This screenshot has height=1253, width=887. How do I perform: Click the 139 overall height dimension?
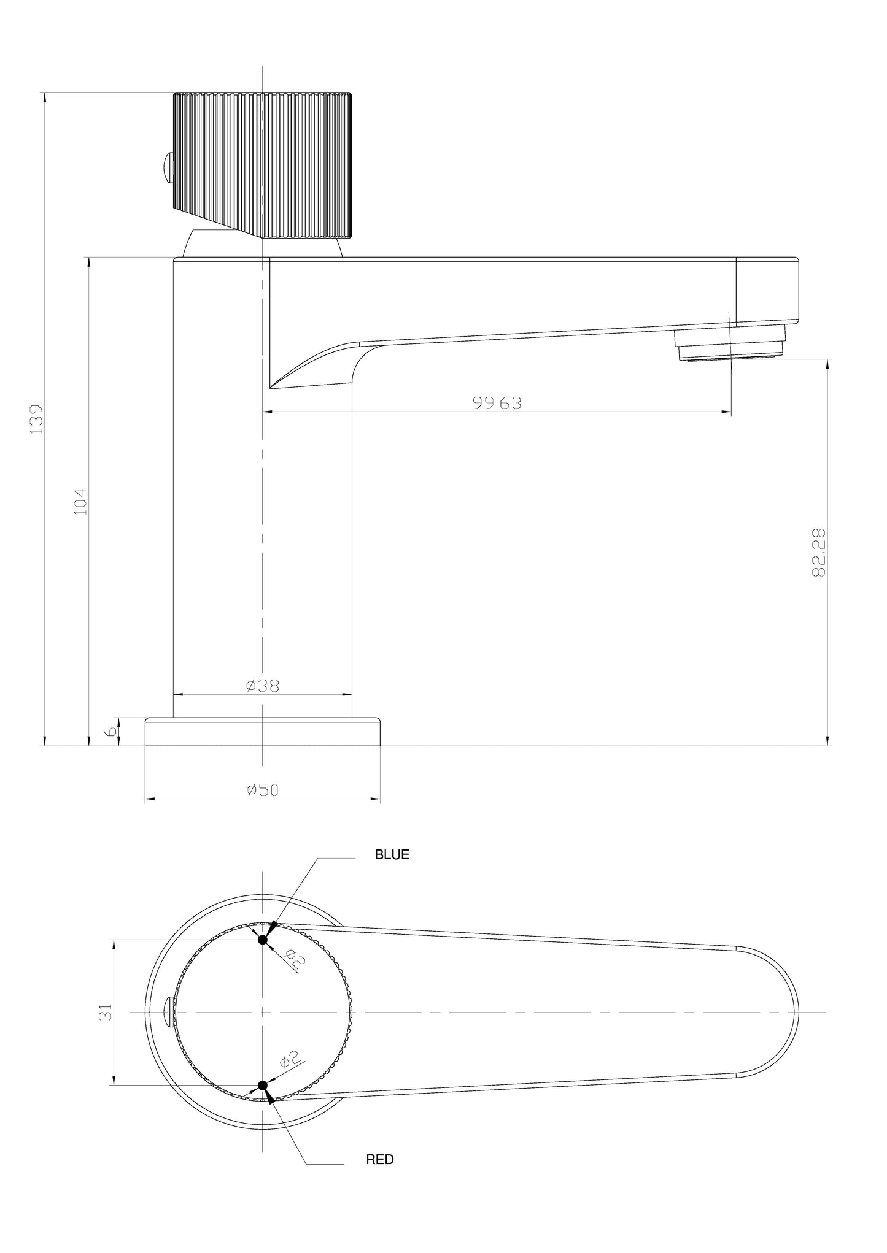[x=37, y=418]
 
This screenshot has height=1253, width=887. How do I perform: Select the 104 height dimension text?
[x=81, y=501]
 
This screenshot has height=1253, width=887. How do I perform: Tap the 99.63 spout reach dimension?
[x=497, y=403]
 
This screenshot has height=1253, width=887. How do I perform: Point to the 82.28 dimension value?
[x=818, y=552]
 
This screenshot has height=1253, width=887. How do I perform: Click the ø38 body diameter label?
[x=262, y=686]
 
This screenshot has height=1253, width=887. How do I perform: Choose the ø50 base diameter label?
[x=262, y=790]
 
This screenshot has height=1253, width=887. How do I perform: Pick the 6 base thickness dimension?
[x=111, y=732]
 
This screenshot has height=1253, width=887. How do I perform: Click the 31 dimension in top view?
[x=106, y=1012]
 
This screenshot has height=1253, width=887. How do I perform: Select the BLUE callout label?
[x=392, y=854]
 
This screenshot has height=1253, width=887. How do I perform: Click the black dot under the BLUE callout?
[x=263, y=940]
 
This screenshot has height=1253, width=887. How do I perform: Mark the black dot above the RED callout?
[x=263, y=1085]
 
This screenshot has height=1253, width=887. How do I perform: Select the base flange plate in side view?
[x=262, y=732]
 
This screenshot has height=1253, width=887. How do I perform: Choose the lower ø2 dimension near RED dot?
[x=289, y=1059]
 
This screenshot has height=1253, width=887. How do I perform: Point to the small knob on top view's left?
[x=169, y=1012]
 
